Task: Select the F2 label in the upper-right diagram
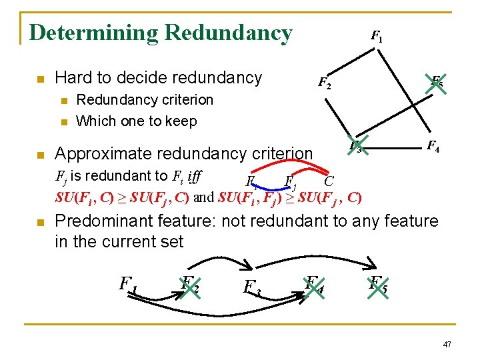click(323, 83)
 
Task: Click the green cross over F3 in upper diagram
click(356, 146)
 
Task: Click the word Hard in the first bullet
click(72, 78)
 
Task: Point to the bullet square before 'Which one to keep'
click(64, 121)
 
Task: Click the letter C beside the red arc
click(329, 181)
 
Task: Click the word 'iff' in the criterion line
click(195, 177)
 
